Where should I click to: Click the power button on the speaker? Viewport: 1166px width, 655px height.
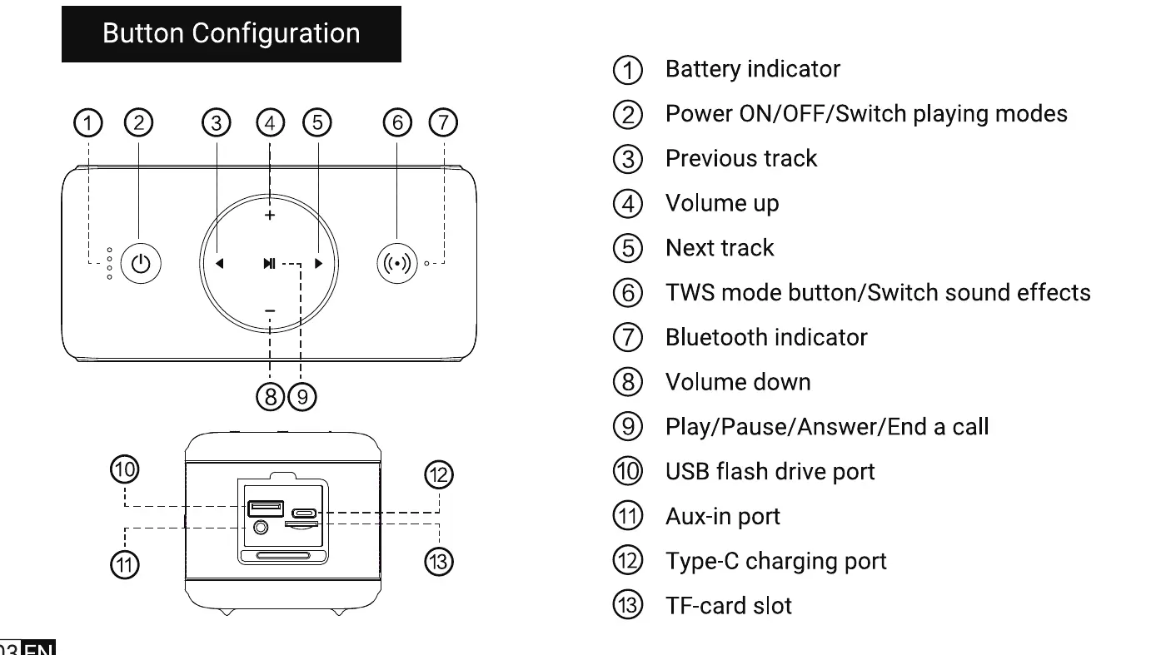coord(141,264)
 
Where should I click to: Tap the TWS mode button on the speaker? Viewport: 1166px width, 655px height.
coord(397,264)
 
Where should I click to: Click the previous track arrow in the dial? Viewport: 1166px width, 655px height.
coord(220,264)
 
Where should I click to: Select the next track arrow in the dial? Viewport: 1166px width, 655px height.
coord(318,264)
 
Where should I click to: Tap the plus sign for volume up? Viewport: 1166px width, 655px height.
coord(269,216)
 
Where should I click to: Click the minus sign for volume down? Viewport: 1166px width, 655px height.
coord(269,310)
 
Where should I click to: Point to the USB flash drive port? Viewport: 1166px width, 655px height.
coord(265,507)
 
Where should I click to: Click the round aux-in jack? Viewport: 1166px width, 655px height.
coord(262,526)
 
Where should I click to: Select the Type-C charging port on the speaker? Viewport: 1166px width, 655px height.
coord(301,513)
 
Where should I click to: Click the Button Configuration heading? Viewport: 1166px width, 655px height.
coord(232,34)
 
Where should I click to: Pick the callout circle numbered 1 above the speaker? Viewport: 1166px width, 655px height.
coord(87,123)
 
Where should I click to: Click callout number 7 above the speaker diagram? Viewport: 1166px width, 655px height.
coord(443,123)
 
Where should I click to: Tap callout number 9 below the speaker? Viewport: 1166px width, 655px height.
coord(302,396)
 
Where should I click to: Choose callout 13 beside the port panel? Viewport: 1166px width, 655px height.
coord(439,563)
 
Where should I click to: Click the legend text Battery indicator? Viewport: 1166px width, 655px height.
coord(752,69)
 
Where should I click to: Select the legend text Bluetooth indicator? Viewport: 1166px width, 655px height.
coord(765,337)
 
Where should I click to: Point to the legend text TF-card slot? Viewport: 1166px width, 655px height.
coord(728,605)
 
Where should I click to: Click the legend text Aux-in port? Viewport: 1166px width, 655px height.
coord(722,516)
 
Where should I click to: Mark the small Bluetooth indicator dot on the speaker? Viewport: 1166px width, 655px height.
coord(426,264)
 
